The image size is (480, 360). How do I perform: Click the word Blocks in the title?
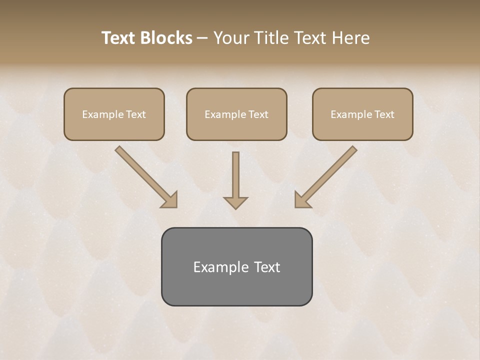click(166, 38)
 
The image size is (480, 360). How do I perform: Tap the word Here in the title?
click(349, 38)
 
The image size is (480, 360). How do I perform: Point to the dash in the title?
click(202, 38)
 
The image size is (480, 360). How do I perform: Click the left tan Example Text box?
click(114, 114)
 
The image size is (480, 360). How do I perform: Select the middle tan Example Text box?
click(236, 114)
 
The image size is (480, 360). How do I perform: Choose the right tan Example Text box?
click(362, 114)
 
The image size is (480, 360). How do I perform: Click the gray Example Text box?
click(236, 266)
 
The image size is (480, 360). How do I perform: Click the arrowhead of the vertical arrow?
click(235, 202)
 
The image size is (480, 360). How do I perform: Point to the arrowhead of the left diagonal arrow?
click(170, 200)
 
